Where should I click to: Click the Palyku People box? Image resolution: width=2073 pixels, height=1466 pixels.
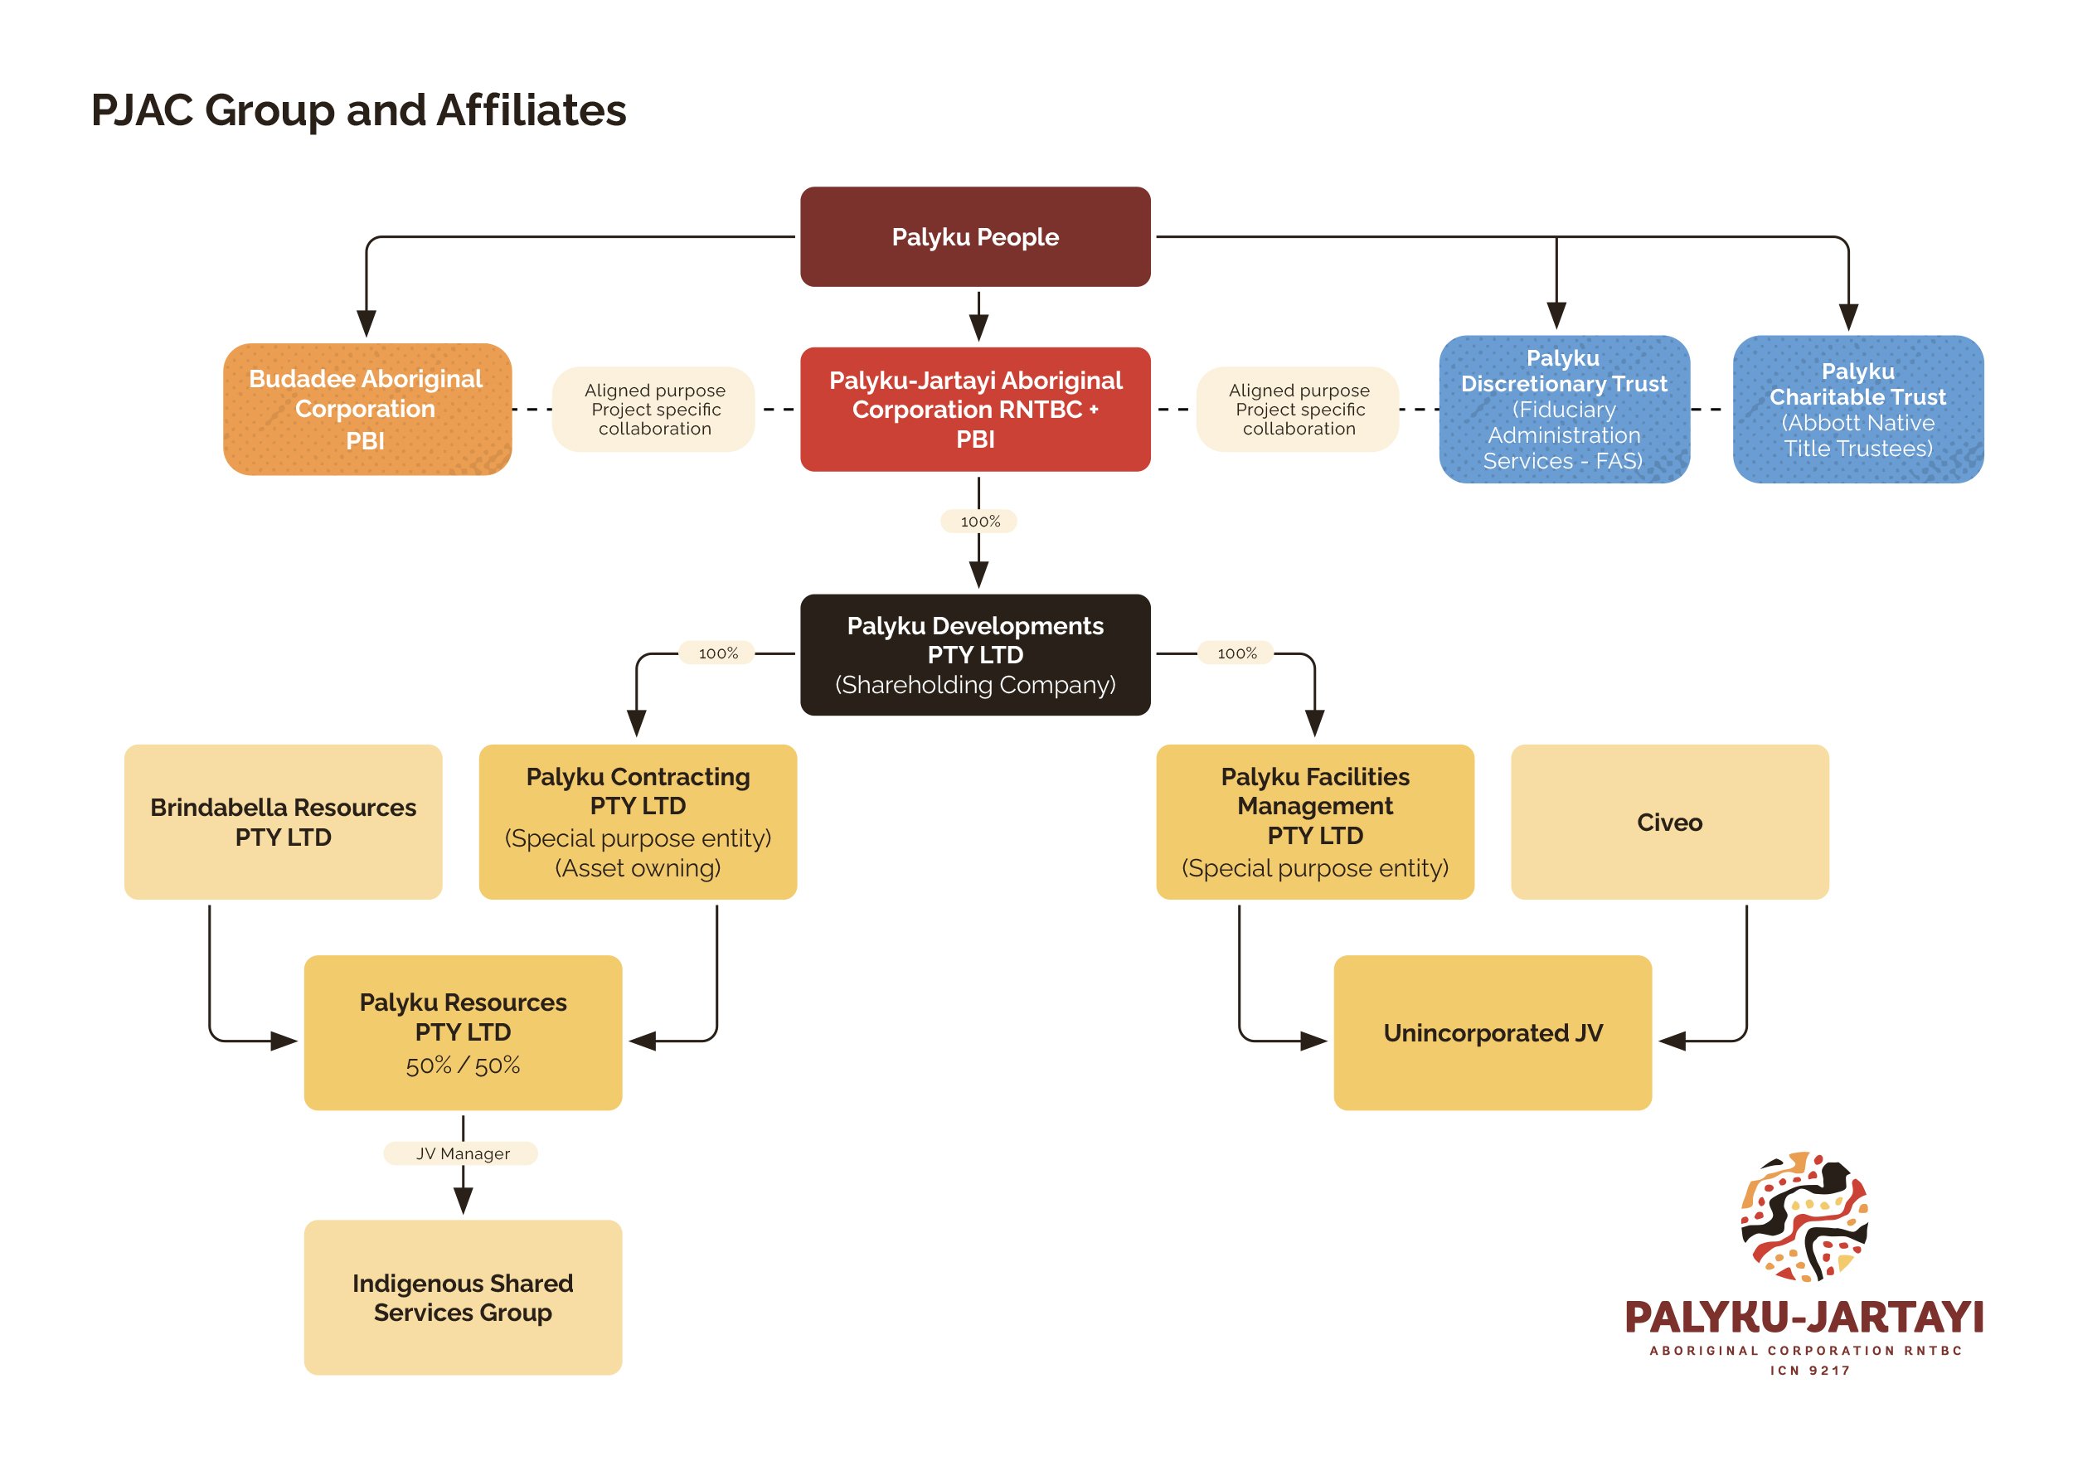[x=975, y=236]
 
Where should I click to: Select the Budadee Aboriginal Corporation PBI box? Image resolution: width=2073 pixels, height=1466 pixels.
[x=367, y=409]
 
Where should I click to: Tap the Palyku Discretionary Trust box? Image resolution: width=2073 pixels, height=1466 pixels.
[x=1565, y=409]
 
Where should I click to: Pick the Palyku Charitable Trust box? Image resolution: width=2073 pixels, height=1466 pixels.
[x=1858, y=409]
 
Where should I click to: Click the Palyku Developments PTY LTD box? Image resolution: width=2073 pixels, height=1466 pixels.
[x=975, y=654]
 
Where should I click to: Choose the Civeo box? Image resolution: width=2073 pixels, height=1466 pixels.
[x=1669, y=822]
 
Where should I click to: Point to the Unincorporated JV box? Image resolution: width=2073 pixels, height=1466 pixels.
[x=1493, y=1032]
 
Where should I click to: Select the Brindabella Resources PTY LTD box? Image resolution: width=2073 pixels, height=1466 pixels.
[x=284, y=822]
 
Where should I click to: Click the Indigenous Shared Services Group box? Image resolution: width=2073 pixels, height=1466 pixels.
[x=464, y=1297]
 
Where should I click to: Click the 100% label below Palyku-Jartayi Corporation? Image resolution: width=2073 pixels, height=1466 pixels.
[x=979, y=521]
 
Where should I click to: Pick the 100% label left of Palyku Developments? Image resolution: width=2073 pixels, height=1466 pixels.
[x=718, y=653]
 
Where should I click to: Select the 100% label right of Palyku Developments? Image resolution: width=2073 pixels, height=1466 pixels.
[x=1236, y=653]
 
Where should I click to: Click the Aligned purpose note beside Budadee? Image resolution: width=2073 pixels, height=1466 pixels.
[x=653, y=409]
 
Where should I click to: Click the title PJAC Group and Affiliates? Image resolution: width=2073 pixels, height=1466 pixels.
[x=358, y=110]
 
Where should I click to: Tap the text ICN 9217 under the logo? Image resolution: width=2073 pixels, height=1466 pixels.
[x=1809, y=1371]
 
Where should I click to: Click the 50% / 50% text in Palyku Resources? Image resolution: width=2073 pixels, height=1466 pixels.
[x=464, y=1066]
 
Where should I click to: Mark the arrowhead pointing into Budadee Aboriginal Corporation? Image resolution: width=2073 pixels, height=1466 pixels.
[x=366, y=323]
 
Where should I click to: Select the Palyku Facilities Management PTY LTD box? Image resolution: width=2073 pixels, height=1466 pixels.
[x=1314, y=822]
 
